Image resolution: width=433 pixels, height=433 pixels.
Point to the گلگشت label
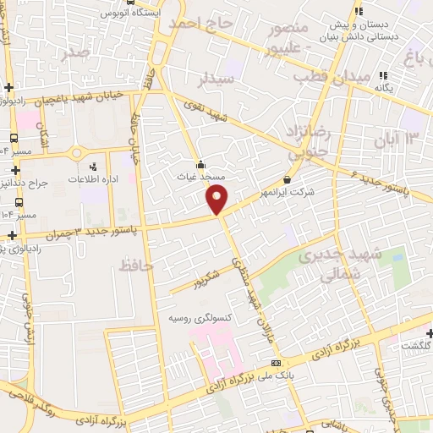point(416,346)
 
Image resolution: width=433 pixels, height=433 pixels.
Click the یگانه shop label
point(384,87)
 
